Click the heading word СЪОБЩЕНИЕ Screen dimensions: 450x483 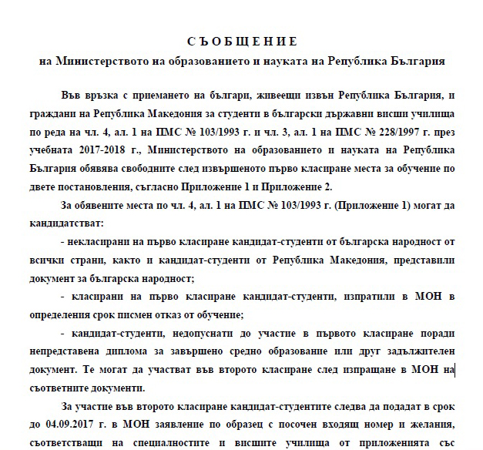[241, 42]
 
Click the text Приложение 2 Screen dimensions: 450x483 [381, 186]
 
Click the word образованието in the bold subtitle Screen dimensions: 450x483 [189, 60]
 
